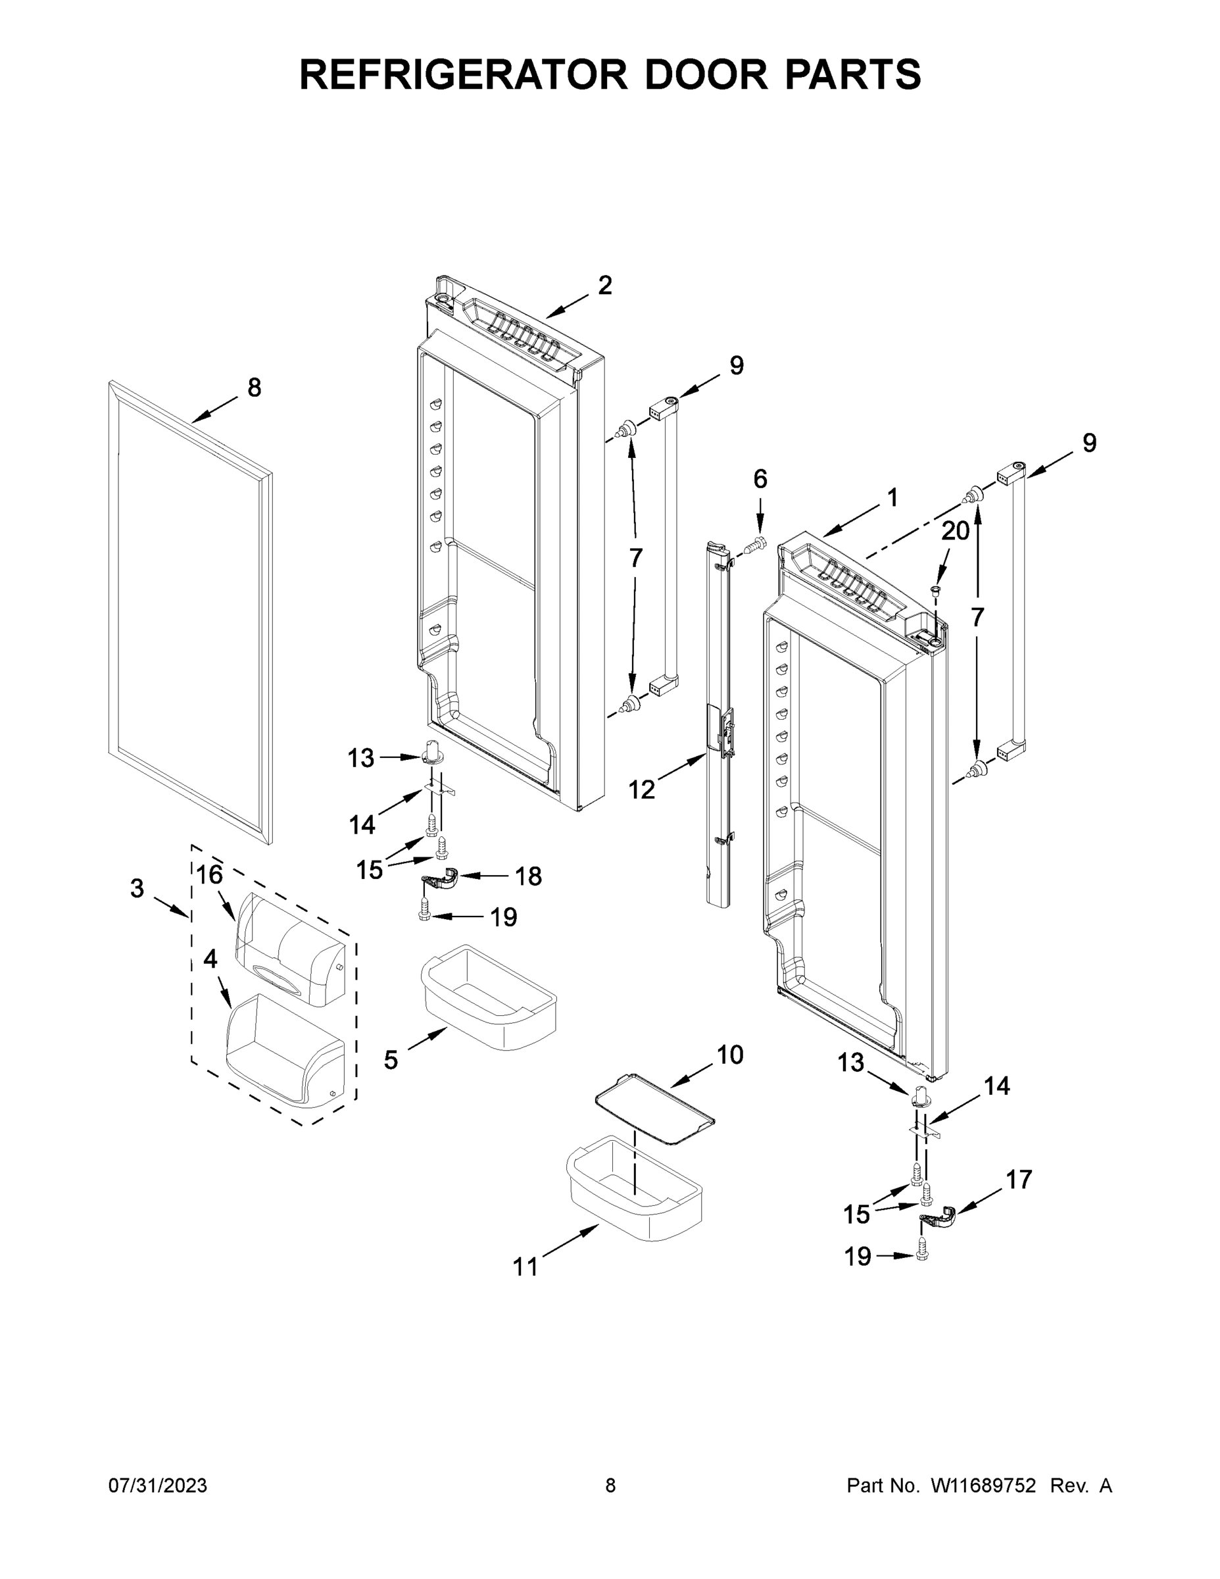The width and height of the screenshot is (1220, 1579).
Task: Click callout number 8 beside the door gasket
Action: coord(255,388)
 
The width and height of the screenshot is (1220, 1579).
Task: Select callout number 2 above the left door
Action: coord(605,286)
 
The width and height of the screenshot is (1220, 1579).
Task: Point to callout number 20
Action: coord(955,532)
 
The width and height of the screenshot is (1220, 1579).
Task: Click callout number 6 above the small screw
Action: coord(760,478)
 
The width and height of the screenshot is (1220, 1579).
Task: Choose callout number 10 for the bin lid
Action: coord(730,1055)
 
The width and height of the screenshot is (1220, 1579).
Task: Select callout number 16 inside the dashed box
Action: coord(210,875)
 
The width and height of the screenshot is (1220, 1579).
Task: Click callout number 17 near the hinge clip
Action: coord(1019,1180)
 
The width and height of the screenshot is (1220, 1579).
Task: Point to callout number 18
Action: coord(528,876)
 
